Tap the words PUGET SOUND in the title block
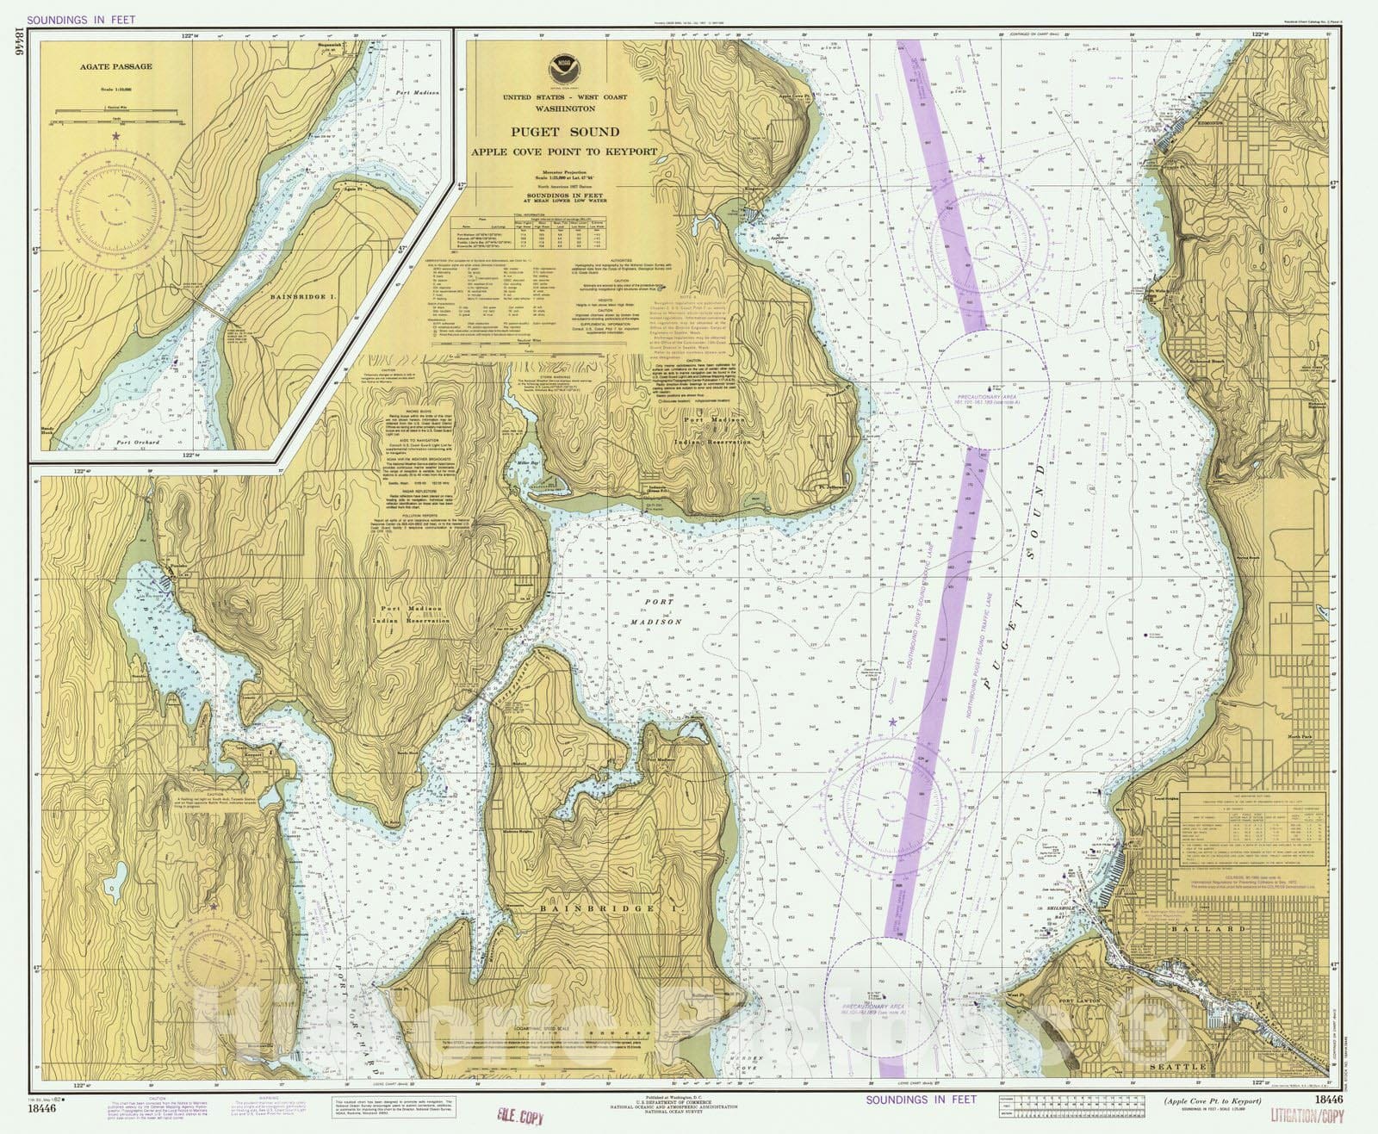[x=564, y=132]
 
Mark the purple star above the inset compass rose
[x=115, y=136]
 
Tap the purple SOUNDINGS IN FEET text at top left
[x=82, y=19]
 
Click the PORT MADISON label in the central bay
[x=662, y=612]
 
